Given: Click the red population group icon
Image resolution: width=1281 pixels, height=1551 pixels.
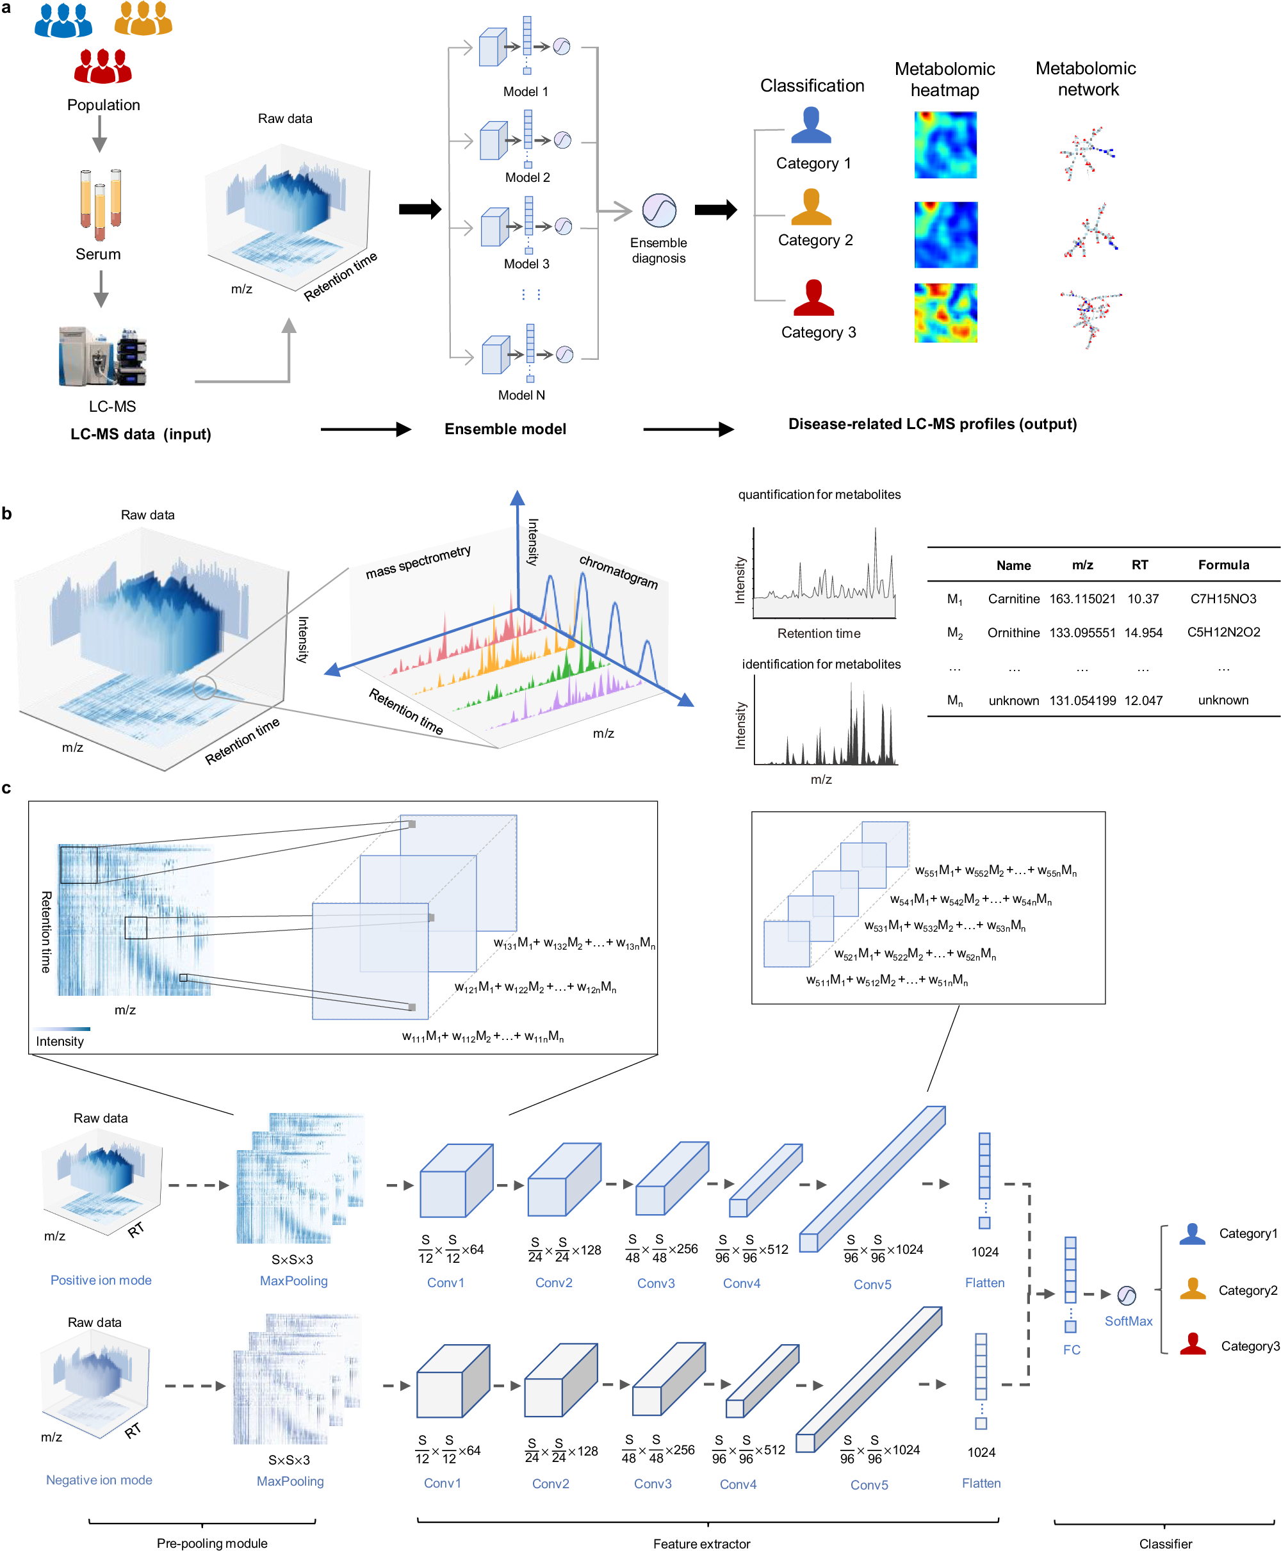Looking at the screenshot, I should coord(102,66).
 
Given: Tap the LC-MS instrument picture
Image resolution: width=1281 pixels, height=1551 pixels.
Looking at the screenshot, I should coord(102,357).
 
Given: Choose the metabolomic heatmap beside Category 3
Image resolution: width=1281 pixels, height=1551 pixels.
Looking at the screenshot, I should coord(945,313).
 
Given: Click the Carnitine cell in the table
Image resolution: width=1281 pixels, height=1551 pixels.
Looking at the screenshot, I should coord(1013,598).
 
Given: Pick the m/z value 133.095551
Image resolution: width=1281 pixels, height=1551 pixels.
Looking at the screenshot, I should coord(1082,632).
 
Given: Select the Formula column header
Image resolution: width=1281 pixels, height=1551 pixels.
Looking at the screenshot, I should coord(1223,564).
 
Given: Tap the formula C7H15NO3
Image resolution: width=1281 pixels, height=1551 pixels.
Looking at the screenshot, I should coord(1223,598).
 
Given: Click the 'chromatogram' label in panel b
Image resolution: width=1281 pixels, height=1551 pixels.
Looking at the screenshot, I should coord(618,571).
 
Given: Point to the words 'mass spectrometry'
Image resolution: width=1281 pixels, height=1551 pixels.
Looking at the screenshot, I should coord(418,562).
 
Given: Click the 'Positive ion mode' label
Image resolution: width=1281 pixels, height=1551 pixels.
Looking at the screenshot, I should coord(101,1280).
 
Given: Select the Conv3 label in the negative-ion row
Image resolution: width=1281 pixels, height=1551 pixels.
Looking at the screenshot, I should coord(652,1483).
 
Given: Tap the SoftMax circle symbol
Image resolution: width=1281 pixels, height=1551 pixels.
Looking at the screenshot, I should coord(1126,1295).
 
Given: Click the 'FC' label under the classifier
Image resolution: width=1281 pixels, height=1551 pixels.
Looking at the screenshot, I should coord(1072,1349).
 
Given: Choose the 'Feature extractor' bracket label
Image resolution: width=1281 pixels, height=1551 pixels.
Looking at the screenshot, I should coord(701,1543).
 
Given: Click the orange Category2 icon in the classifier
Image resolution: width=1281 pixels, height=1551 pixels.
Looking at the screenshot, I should coord(1193,1288).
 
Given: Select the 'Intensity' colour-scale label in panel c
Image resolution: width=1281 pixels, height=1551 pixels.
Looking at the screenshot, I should coord(60,1041).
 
